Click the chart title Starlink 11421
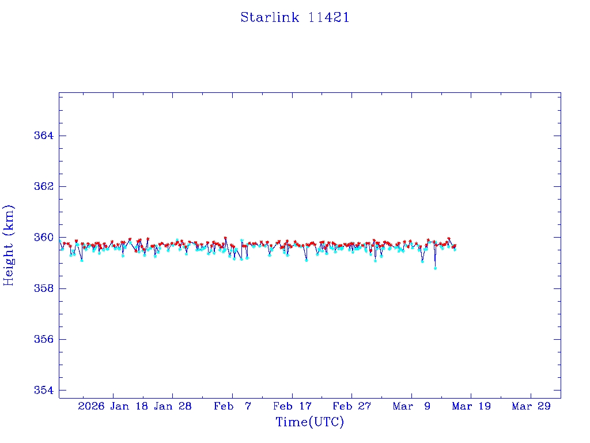click(x=295, y=17)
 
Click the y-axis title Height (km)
click(x=9, y=245)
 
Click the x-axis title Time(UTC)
click(x=309, y=422)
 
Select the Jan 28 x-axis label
click(x=172, y=406)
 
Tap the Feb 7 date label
click(x=232, y=406)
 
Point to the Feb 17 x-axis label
click(x=292, y=406)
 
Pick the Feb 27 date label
click(x=352, y=406)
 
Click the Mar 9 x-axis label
click(x=412, y=406)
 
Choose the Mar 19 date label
click(x=471, y=406)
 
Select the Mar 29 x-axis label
click(x=531, y=406)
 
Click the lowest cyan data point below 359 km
click(x=435, y=268)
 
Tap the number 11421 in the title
click(x=328, y=17)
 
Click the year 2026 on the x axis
click(x=91, y=406)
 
